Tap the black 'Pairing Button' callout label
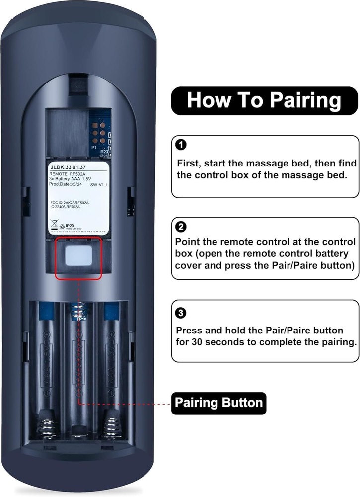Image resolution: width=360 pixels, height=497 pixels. [218, 402]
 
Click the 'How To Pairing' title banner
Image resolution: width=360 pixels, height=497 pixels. [264, 101]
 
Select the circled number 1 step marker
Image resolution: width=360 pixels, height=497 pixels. [182, 145]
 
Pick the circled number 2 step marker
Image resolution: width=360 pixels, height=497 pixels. [182, 228]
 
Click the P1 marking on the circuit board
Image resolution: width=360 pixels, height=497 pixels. [93, 148]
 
